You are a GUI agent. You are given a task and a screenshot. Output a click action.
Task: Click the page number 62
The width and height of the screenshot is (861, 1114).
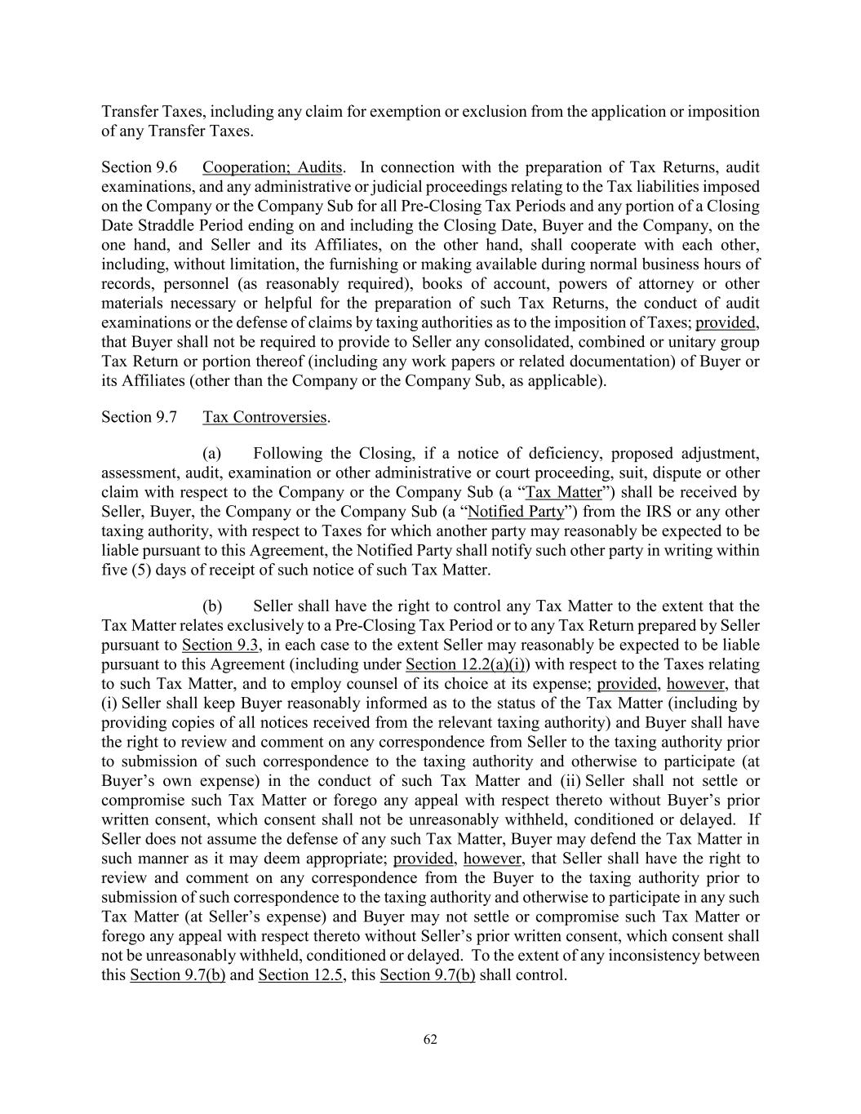[430, 1039]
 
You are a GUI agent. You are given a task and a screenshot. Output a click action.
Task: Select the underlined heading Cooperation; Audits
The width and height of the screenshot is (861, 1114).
[272, 167]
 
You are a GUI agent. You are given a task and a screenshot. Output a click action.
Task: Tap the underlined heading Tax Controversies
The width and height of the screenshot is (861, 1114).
[264, 417]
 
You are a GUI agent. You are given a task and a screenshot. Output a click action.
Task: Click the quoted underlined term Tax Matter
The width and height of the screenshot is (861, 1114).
[564, 492]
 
